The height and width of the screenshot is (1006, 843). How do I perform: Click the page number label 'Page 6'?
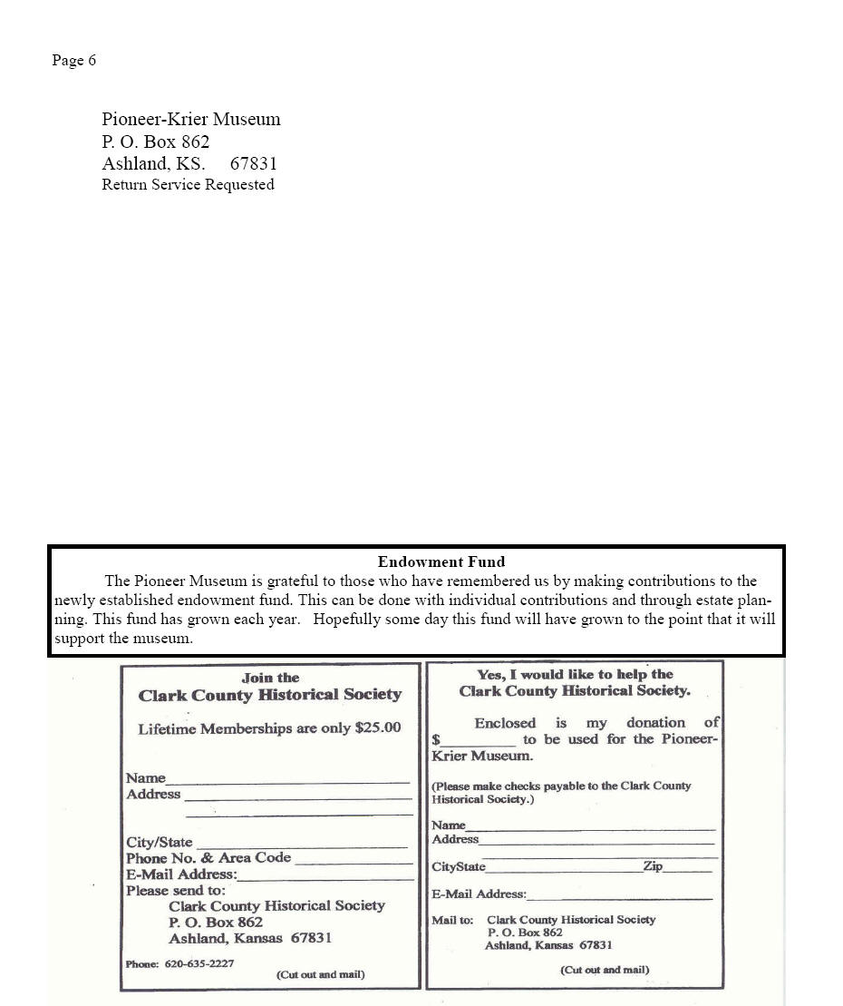(x=73, y=61)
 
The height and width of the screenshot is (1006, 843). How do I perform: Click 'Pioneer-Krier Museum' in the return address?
(x=190, y=119)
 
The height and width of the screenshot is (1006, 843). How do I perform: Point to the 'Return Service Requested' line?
(x=188, y=185)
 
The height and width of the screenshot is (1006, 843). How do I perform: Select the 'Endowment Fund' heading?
(x=441, y=562)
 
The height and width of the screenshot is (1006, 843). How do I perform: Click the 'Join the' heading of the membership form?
(x=270, y=678)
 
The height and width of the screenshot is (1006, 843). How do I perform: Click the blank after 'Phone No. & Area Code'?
(x=354, y=862)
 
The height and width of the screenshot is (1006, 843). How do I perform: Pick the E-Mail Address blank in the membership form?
(x=325, y=878)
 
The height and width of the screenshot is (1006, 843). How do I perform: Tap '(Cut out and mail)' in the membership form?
(x=320, y=974)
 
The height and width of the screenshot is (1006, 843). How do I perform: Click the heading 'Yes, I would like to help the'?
(x=575, y=674)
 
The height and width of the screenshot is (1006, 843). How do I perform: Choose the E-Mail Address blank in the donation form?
(x=619, y=897)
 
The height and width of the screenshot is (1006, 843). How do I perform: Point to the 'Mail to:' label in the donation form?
(x=452, y=920)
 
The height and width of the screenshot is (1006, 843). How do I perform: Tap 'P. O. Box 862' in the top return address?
(x=155, y=142)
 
